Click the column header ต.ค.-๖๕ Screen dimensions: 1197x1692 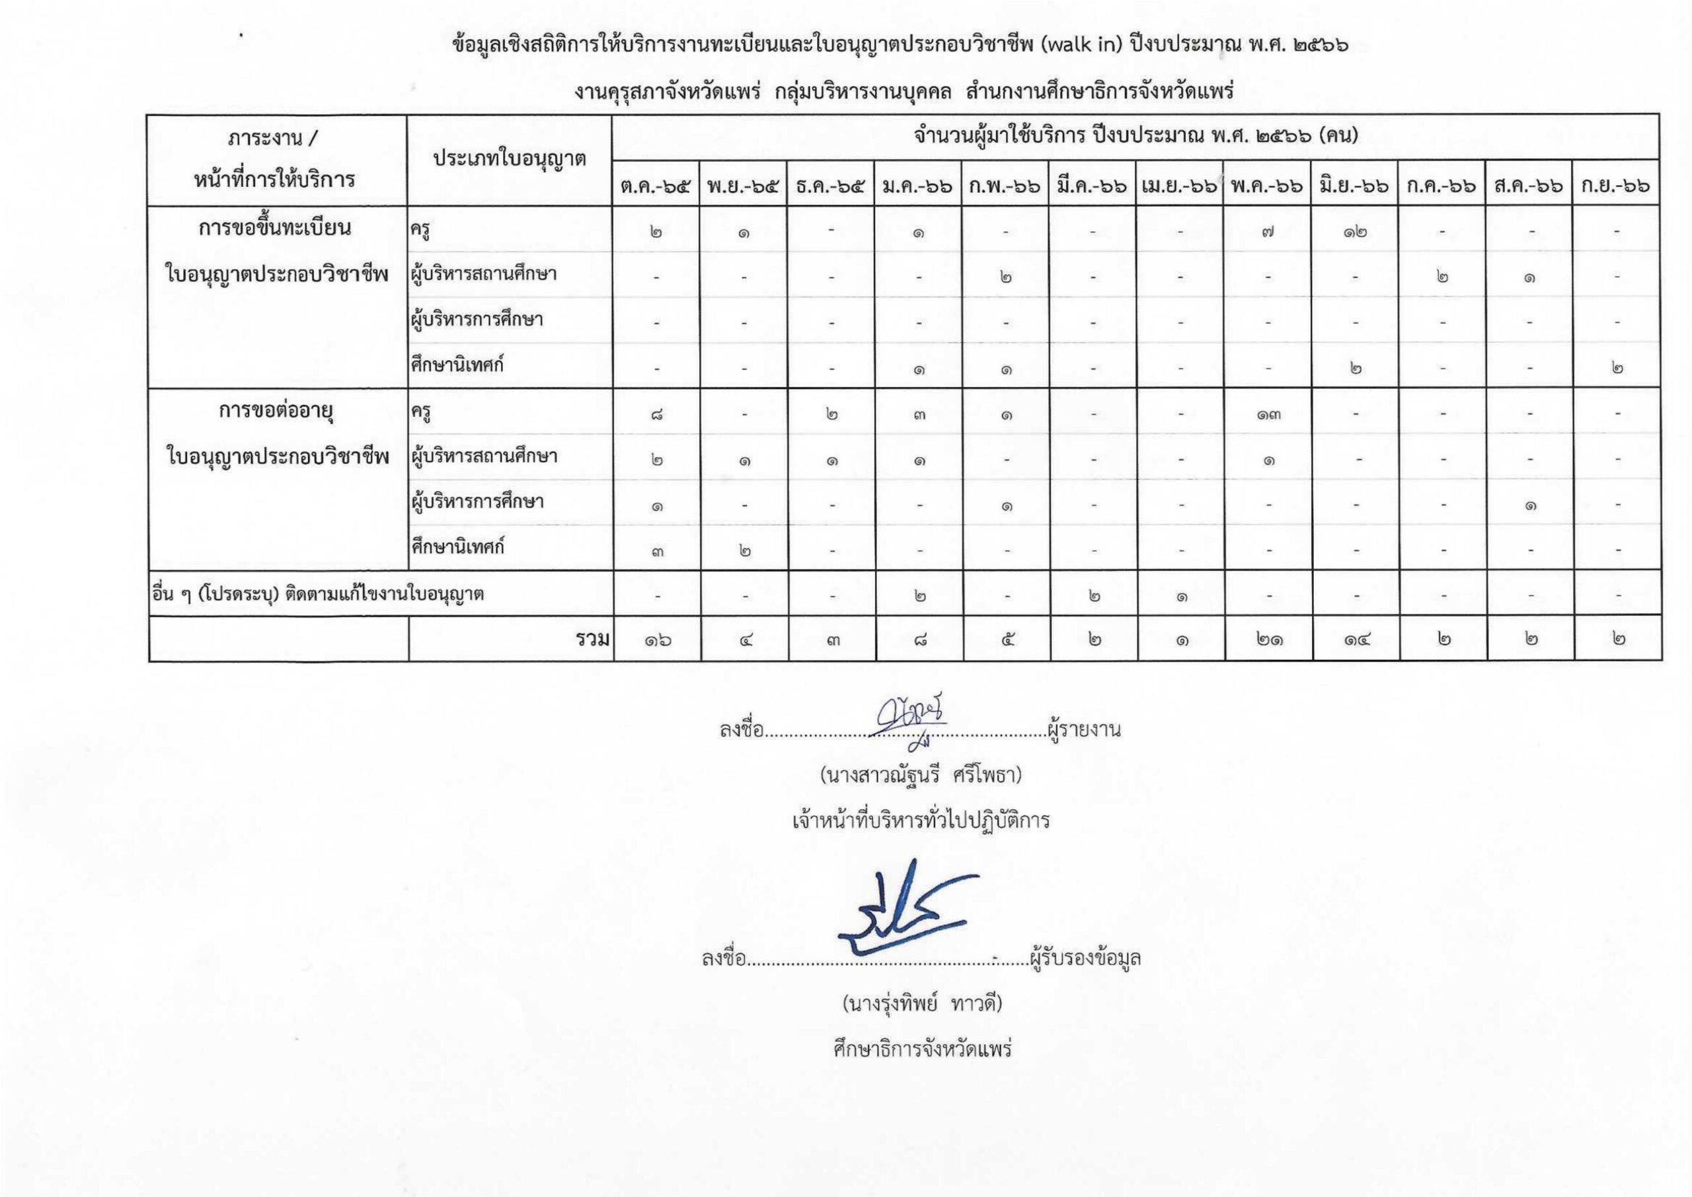[656, 187]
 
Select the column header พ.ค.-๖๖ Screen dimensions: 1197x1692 [1266, 187]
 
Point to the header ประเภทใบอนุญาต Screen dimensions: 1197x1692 [510, 159]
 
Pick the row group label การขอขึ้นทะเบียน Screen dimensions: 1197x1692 [275, 228]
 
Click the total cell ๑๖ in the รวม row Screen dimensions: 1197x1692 [657, 639]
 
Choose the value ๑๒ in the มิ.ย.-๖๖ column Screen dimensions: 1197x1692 [1355, 233]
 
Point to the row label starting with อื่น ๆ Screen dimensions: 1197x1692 [318, 593]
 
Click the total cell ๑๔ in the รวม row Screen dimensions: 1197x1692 [1355, 639]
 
